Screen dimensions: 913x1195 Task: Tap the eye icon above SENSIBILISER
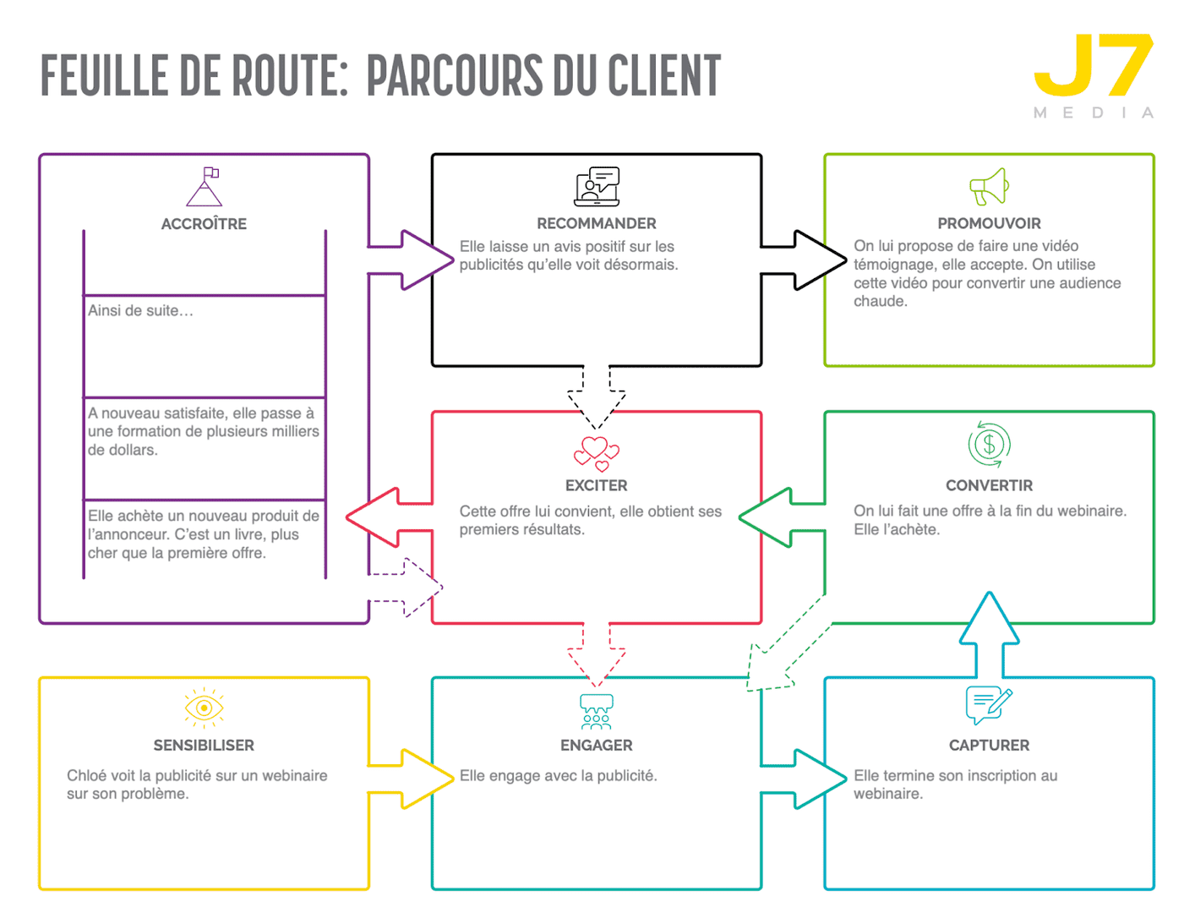click(204, 708)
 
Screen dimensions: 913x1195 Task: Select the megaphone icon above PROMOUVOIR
click(989, 187)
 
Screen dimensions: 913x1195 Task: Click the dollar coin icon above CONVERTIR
click(989, 444)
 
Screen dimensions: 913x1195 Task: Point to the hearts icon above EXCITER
click(597, 453)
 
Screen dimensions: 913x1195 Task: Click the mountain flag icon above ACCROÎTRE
click(205, 187)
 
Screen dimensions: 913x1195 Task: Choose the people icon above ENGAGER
click(597, 712)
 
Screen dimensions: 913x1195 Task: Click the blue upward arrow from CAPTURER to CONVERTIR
click(989, 634)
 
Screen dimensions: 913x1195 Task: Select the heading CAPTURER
click(989, 746)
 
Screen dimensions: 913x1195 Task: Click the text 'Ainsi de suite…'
click(141, 311)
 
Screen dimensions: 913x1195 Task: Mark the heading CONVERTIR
click(989, 486)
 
